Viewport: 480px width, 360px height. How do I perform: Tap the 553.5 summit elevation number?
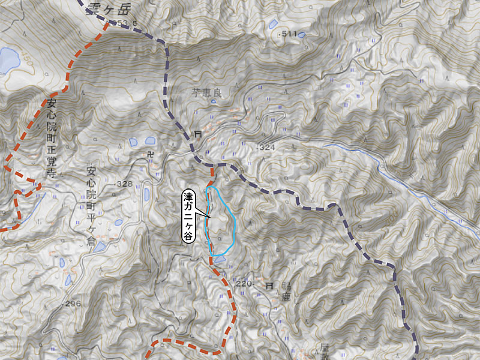tap(128, 23)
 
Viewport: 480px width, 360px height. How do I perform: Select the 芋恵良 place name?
tap(208, 93)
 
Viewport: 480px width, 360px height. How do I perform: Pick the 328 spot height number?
tap(124, 184)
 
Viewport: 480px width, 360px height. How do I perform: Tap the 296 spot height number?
tap(71, 304)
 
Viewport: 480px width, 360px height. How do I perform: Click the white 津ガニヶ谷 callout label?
tap(188, 216)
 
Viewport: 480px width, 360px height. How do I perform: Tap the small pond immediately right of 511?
tap(301, 35)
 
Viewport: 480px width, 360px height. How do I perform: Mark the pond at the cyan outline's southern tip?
tap(220, 259)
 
